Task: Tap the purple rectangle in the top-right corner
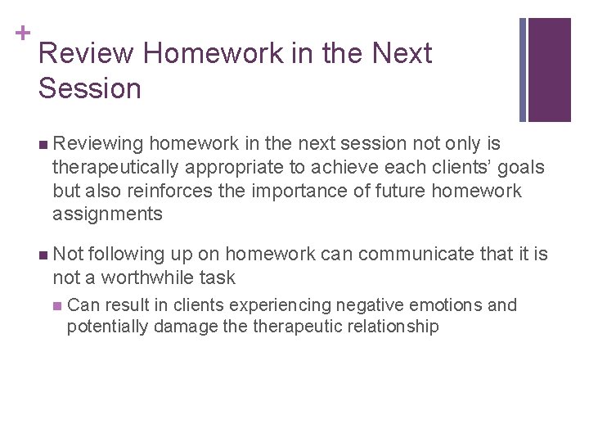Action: click(x=549, y=70)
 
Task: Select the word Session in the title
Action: click(x=89, y=88)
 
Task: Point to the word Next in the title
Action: click(x=402, y=54)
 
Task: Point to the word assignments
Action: click(x=107, y=215)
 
